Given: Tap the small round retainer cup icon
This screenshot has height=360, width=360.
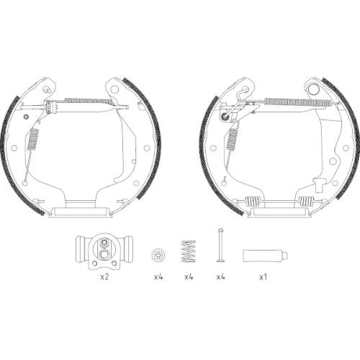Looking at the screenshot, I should pyautogui.click(x=158, y=255).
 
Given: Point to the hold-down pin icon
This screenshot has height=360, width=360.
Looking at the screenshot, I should pyautogui.click(x=221, y=246).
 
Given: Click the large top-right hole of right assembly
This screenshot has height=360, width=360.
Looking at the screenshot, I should pyautogui.click(x=315, y=89).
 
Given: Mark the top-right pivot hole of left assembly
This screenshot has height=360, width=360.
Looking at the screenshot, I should pyautogui.click(x=113, y=87).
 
